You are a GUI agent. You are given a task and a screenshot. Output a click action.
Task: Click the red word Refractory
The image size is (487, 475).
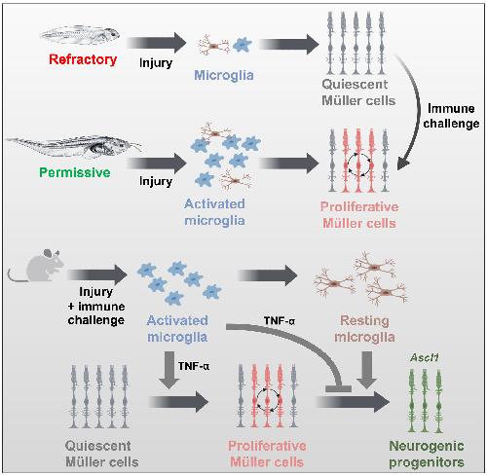click(x=83, y=59)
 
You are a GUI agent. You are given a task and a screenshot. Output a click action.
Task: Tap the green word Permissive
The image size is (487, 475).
click(x=75, y=172)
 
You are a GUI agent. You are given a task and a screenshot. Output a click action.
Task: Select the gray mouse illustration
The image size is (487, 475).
click(x=36, y=266)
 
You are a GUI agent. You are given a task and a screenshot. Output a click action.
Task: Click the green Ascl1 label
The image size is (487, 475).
click(x=425, y=357)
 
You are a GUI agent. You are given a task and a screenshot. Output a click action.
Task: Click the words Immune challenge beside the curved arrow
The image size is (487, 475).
click(x=451, y=116)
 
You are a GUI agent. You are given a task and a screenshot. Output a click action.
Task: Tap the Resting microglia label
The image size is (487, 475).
click(x=364, y=329)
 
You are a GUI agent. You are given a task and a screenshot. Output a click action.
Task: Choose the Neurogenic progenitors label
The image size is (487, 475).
click(x=427, y=454)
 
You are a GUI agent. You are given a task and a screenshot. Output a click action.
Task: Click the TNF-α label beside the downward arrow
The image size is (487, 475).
click(x=194, y=366)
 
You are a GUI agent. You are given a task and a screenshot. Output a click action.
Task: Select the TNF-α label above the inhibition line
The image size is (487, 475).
click(x=280, y=321)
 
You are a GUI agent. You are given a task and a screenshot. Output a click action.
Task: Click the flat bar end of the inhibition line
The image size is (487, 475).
click(x=338, y=388)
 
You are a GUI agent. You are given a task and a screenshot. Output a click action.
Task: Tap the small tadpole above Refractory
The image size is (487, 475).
click(x=80, y=35)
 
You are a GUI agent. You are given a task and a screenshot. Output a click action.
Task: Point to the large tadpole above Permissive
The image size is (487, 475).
click(x=74, y=146)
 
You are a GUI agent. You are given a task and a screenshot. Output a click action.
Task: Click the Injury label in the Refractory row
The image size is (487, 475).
click(x=156, y=63)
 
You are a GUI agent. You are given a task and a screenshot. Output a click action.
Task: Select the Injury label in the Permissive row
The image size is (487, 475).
click(x=156, y=181)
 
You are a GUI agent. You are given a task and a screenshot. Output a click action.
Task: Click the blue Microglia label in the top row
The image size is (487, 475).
click(x=224, y=75)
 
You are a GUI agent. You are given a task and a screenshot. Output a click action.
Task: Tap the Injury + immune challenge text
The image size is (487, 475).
click(x=96, y=306)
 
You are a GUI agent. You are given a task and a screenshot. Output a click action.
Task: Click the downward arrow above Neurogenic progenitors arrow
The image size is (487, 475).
click(x=367, y=370)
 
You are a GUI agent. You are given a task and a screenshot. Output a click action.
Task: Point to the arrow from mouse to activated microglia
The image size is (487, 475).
click(x=97, y=274)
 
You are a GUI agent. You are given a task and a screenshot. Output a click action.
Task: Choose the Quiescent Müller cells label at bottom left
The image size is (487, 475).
click(x=101, y=454)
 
